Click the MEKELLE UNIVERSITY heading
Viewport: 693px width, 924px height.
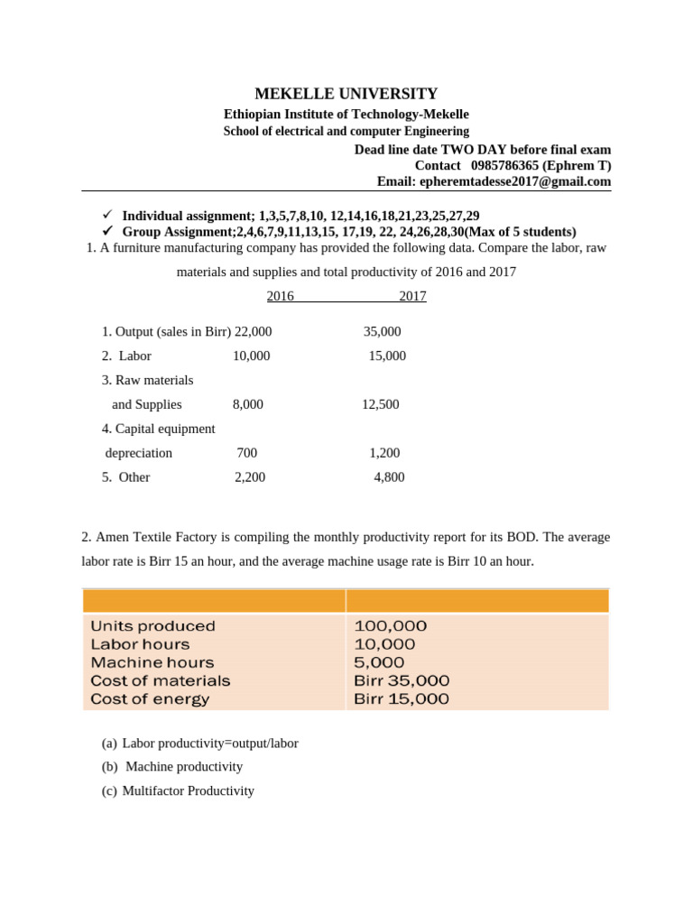click(x=346, y=94)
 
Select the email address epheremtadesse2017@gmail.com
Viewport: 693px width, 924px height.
click(x=515, y=181)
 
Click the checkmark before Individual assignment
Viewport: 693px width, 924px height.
click(x=106, y=215)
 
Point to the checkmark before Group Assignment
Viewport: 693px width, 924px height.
click(x=106, y=231)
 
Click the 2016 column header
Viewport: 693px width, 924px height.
click(x=280, y=296)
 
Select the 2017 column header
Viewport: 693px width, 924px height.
click(x=412, y=296)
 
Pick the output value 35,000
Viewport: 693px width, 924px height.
click(x=382, y=331)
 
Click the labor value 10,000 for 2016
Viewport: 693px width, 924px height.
click(x=251, y=356)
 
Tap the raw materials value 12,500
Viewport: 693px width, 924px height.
click(x=380, y=404)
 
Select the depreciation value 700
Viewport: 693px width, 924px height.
click(x=246, y=453)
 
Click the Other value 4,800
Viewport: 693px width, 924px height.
click(x=389, y=477)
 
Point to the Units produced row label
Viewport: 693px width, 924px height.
click(x=152, y=626)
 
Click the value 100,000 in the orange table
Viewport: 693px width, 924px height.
click(x=391, y=626)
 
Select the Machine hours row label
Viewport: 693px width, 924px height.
click(x=152, y=662)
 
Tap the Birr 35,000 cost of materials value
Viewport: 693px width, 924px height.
click(x=402, y=680)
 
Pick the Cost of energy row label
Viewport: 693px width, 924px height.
click(x=150, y=698)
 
